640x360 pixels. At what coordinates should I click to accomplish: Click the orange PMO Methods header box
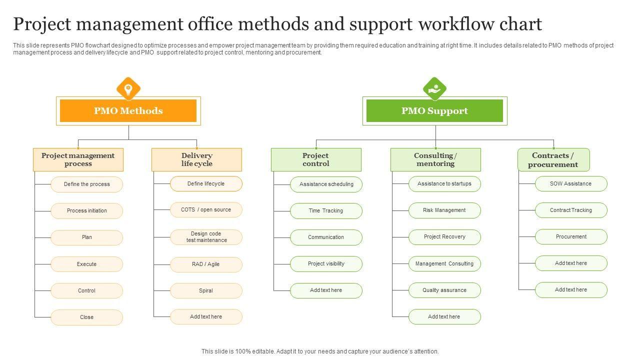pos(128,111)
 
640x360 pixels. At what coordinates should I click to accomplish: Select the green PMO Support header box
pos(434,111)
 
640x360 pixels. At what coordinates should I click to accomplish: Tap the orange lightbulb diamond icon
pos(128,89)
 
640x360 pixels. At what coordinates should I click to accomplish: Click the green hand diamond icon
pos(434,89)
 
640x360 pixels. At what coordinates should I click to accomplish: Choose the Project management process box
pos(78,159)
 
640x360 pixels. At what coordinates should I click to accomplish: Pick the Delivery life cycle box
pos(196,159)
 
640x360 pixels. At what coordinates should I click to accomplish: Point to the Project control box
pos(316,159)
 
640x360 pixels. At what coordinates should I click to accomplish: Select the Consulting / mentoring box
pos(435,159)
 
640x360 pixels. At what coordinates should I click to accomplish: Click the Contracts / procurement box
pos(553,160)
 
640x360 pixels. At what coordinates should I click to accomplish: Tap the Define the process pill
pos(86,184)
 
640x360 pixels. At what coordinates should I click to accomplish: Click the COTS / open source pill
pos(206,210)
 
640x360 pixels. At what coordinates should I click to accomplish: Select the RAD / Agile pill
pos(206,264)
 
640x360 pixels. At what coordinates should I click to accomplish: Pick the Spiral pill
pos(206,290)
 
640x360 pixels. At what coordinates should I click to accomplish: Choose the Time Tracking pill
pos(326,211)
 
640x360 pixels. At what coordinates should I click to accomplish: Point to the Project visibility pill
pos(326,264)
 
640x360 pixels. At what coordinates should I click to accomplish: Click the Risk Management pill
pos(444,210)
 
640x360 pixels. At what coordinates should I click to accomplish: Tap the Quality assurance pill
pos(444,290)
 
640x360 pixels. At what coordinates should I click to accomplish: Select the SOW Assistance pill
pos(571,184)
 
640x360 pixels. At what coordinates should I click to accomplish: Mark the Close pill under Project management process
pos(86,317)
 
